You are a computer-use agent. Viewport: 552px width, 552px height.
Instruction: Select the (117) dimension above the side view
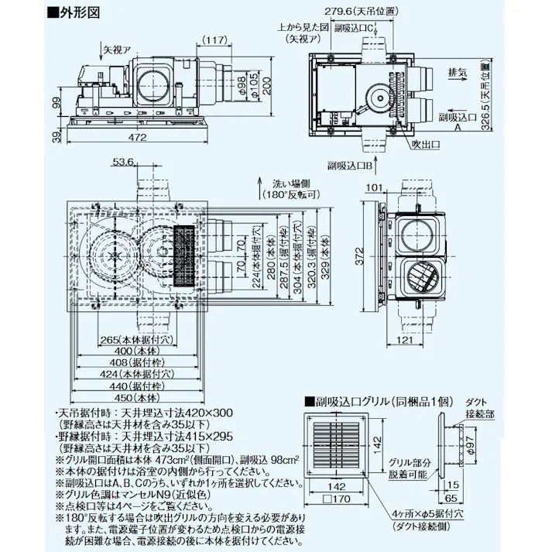click(216, 39)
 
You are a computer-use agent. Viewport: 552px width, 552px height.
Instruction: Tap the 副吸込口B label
click(350, 165)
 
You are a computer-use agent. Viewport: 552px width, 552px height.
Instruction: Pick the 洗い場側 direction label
click(290, 183)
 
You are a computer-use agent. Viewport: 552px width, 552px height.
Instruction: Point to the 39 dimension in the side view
click(56, 138)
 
